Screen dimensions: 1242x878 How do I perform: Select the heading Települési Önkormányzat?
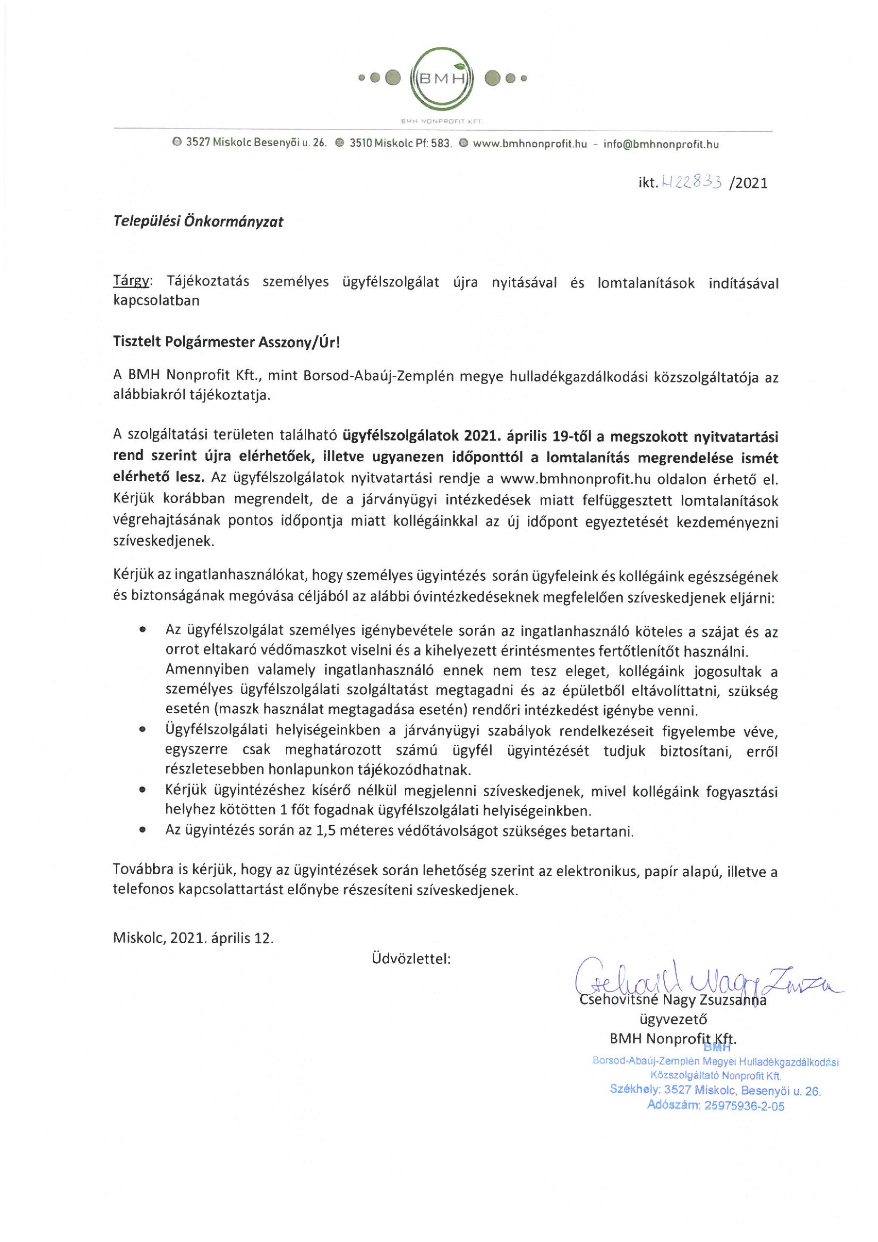pyautogui.click(x=198, y=221)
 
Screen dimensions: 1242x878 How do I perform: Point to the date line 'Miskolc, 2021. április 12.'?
pyautogui.click(x=193, y=937)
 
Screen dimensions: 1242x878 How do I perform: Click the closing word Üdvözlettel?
pyautogui.click(x=411, y=959)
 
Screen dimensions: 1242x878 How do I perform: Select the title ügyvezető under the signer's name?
pyautogui.click(x=673, y=1019)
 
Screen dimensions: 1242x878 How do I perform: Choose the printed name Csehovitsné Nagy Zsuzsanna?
pyautogui.click(x=673, y=1000)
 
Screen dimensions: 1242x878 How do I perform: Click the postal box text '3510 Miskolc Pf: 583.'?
pyautogui.click(x=400, y=144)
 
